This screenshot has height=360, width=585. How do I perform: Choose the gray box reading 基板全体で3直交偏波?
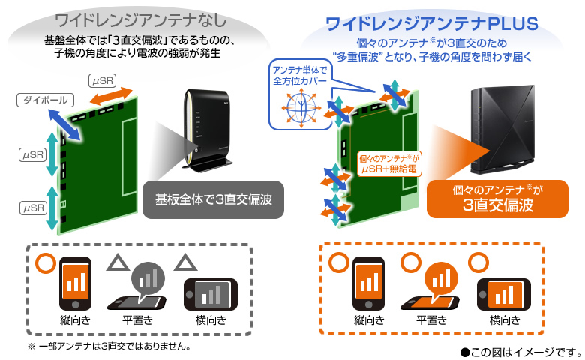213,199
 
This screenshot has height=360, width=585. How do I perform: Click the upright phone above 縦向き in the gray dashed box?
75,283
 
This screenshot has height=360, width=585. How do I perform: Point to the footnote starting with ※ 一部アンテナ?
109,346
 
